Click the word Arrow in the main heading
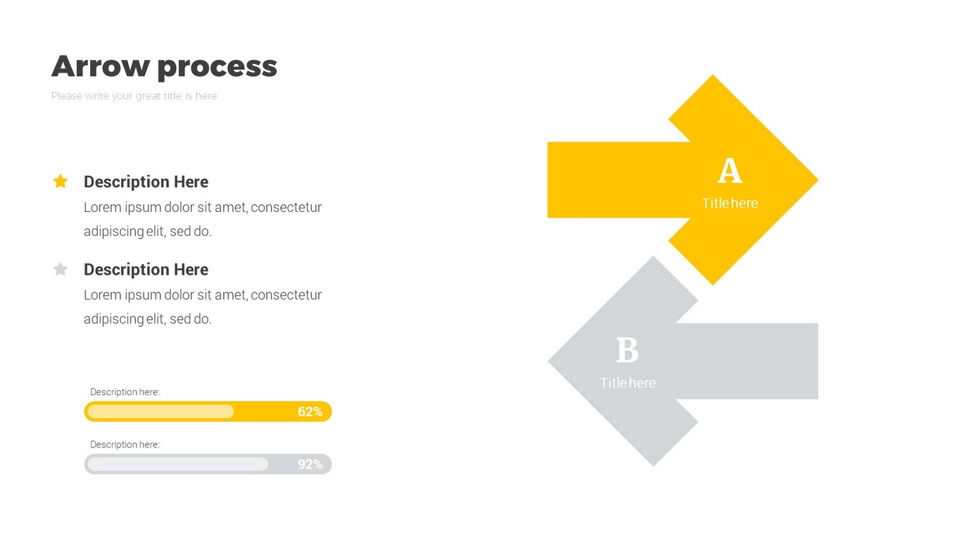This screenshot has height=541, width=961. point(101,66)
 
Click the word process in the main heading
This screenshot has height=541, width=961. point(217,68)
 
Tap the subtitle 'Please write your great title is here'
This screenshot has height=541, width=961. point(134,96)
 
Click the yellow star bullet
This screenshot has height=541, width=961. point(61,181)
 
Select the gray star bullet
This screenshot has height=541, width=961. point(61,269)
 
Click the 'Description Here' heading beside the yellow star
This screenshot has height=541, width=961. point(146,182)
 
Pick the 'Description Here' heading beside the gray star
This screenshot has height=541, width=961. point(146,270)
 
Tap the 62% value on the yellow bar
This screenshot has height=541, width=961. point(310,412)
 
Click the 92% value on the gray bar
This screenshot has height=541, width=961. point(310,464)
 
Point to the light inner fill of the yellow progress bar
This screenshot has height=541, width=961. point(161,412)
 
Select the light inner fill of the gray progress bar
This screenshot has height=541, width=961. point(177,464)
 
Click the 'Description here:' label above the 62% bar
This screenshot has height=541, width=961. point(125,392)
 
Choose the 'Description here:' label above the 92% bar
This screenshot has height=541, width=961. point(125,444)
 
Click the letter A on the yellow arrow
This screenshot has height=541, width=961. point(729,170)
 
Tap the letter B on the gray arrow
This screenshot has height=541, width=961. point(627,350)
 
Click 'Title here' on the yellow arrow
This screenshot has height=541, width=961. point(730,203)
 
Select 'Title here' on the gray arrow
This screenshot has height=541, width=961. point(628,383)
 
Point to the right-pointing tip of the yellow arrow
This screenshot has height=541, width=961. point(817,180)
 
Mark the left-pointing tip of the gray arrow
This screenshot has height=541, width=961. point(549,361)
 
